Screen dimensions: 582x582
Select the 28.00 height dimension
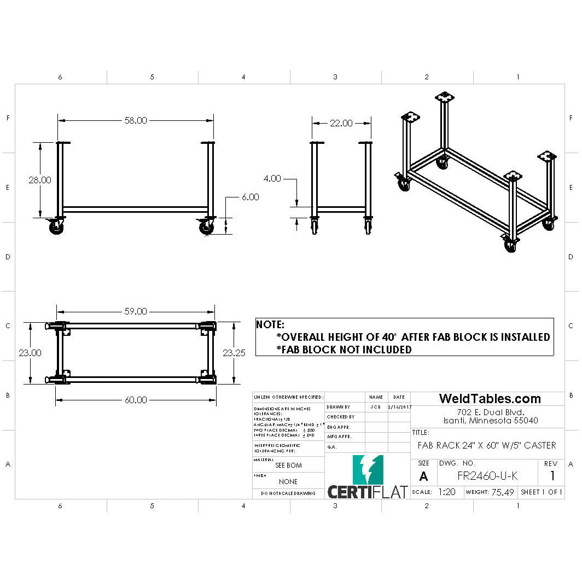click(x=40, y=179)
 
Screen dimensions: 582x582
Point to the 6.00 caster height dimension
click(x=250, y=197)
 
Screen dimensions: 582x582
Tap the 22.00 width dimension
click(x=341, y=123)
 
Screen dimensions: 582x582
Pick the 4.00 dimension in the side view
click(x=272, y=178)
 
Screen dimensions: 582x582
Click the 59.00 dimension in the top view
click(x=136, y=311)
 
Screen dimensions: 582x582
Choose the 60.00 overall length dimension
click(x=136, y=400)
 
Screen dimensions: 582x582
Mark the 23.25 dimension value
click(x=234, y=353)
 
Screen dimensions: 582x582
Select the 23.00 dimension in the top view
click(x=30, y=353)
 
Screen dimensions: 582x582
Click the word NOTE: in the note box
click(x=270, y=324)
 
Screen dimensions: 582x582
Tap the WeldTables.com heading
click(x=490, y=399)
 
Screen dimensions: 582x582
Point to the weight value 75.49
click(x=502, y=492)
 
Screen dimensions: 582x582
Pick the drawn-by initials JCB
click(x=375, y=407)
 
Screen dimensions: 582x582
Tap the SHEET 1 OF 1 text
click(x=542, y=492)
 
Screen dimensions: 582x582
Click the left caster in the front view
click(x=56, y=227)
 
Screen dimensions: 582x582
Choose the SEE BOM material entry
click(x=288, y=465)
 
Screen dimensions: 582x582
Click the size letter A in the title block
click(x=423, y=476)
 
